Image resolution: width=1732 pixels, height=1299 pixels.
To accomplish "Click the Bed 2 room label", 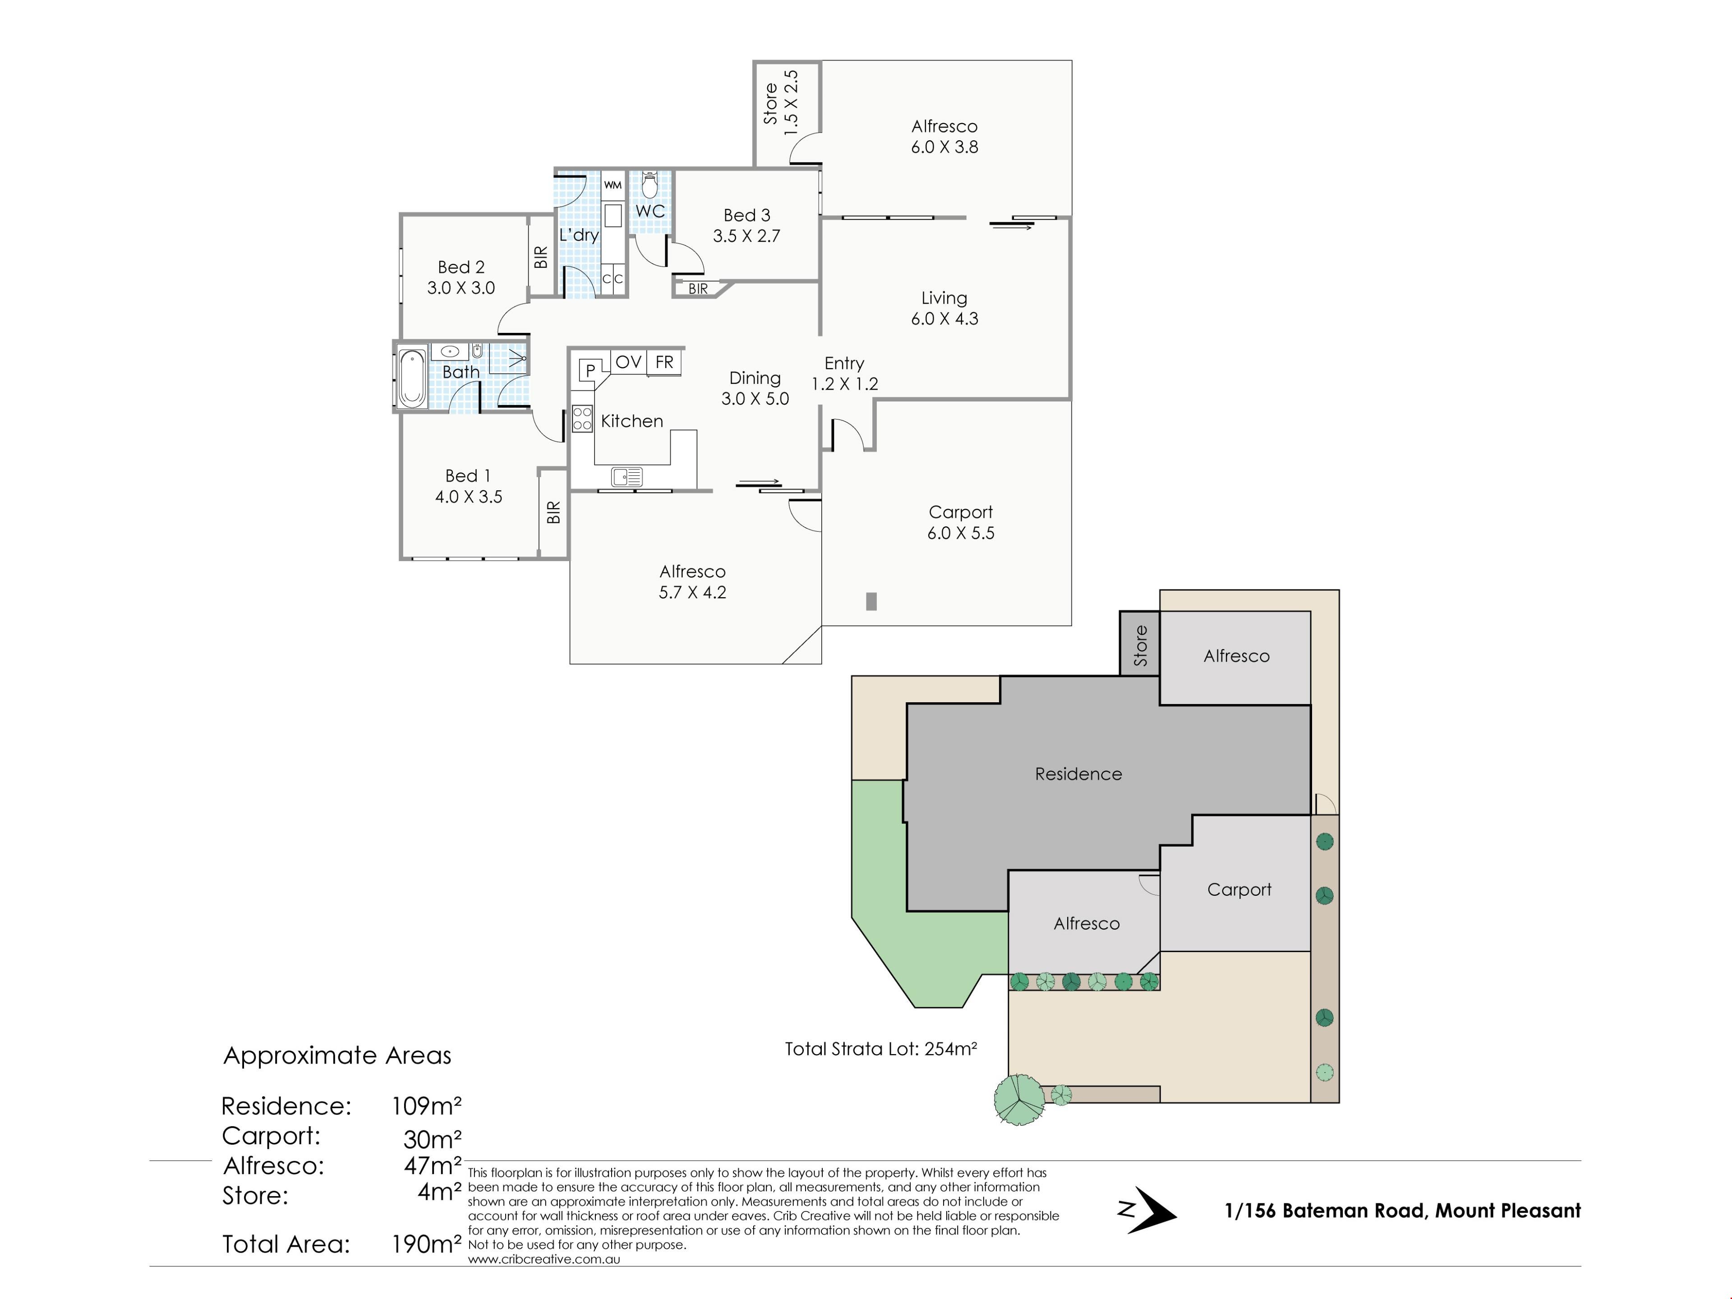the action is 461,277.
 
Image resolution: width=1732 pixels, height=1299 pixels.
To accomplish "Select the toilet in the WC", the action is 649,185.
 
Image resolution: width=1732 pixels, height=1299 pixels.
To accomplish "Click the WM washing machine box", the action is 613,185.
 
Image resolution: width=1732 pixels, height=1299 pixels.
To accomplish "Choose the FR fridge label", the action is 664,362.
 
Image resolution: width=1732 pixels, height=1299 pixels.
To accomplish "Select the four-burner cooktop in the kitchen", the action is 582,418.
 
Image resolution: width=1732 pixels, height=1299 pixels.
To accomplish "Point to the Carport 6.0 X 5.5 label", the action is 961,522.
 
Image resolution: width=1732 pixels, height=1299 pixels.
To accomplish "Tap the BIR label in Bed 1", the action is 553,512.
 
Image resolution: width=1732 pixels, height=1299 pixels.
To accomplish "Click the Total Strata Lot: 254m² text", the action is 881,1048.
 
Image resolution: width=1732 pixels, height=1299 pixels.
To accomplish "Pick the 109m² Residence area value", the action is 427,1106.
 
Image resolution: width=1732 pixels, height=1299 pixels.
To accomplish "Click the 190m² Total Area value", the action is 427,1244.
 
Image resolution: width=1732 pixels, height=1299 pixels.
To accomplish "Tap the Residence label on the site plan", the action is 1078,774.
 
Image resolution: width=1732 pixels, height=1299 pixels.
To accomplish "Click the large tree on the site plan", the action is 1019,1099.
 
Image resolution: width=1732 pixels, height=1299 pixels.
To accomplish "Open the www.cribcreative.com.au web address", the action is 544,1259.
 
